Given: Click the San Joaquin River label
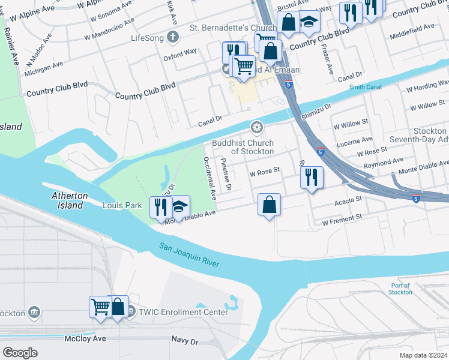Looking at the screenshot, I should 189,255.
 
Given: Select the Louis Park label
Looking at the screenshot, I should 122,205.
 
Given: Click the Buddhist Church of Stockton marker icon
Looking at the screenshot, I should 256,127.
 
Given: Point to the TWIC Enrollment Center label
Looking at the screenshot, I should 183,312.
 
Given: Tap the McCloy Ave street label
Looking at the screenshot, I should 85,339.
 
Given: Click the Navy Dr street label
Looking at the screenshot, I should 185,341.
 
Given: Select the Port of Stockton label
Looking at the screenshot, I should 400,289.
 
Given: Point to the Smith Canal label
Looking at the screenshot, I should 365,87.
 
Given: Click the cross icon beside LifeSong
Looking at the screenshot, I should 173,37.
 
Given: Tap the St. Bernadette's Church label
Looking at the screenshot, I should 233,28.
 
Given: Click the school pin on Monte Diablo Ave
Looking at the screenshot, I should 179,208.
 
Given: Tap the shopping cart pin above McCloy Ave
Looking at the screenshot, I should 100,307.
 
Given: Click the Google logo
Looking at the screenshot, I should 20,352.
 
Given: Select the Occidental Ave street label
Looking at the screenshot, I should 209,178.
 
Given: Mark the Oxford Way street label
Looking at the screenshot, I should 180,52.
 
